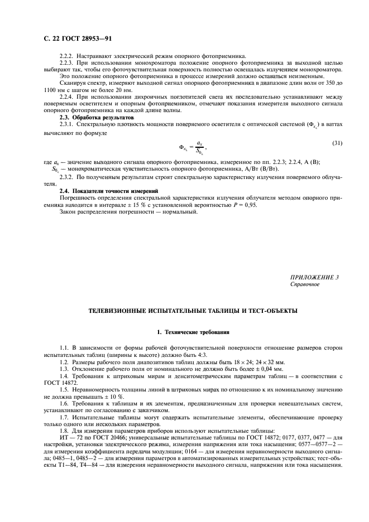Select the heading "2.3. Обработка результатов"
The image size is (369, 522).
tap(97, 119)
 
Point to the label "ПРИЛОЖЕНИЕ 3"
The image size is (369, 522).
tap(314, 277)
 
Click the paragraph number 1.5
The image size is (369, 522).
tap(64, 390)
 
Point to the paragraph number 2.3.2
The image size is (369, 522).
tap(66, 177)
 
